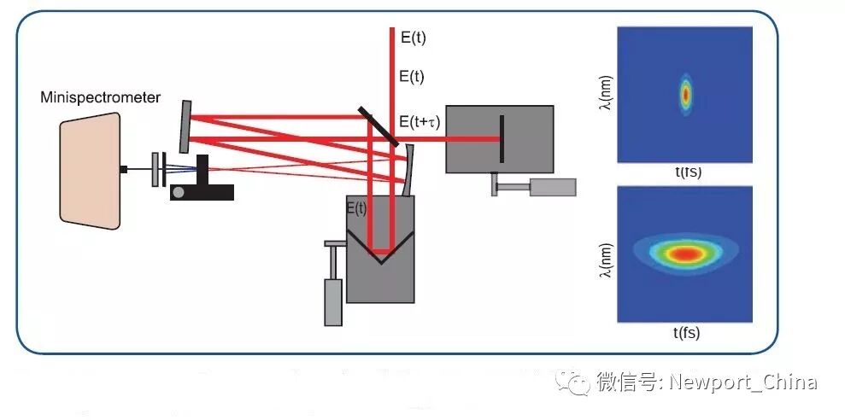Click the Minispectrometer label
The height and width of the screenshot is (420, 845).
[100, 97]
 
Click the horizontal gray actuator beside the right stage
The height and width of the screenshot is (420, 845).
[552, 187]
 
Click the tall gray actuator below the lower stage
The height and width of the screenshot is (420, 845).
[333, 301]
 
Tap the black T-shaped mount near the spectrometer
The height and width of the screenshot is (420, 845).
[203, 180]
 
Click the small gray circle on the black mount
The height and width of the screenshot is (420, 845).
[178, 193]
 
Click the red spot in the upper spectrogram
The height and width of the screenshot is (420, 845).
[684, 94]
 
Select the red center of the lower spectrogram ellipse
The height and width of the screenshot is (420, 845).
[684, 254]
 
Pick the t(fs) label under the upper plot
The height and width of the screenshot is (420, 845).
[685, 172]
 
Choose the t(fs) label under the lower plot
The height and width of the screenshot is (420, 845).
[685, 333]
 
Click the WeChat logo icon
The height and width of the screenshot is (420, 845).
[572, 382]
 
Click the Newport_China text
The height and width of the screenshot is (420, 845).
[742, 382]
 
